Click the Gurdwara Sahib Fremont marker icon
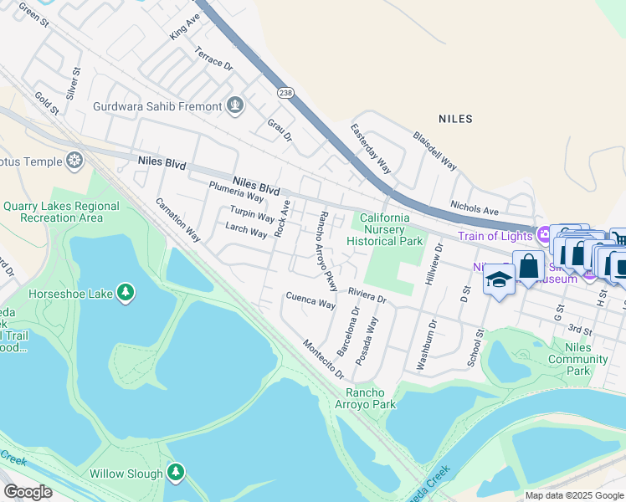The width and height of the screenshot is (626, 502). [236, 105]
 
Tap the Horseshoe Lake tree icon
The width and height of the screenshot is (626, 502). [126, 293]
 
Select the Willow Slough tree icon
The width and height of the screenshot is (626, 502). [176, 472]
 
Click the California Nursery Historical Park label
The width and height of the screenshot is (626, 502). [385, 229]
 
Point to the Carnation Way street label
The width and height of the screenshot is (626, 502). [177, 220]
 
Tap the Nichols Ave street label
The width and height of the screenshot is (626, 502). [474, 206]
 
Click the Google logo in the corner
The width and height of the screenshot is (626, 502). [27, 492]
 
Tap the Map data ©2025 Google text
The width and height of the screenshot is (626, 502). [573, 495]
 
